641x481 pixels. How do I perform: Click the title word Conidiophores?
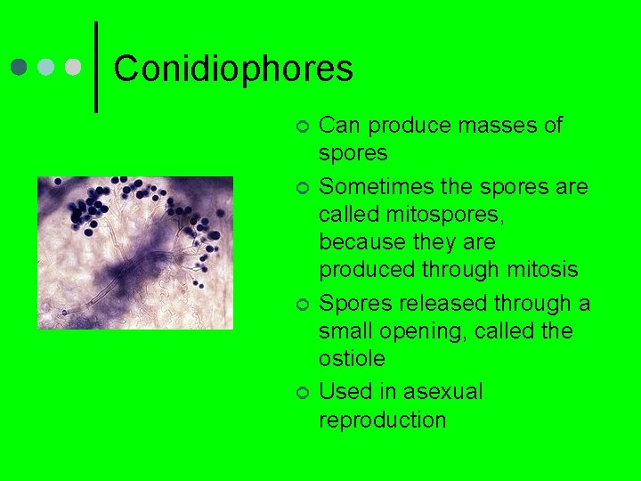(x=233, y=69)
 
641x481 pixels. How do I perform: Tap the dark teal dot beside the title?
(x=20, y=68)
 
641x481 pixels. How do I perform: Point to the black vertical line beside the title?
(x=96, y=67)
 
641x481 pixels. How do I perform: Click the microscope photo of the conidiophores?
(x=134, y=253)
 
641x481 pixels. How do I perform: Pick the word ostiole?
(x=352, y=359)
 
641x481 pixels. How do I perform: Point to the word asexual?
(x=442, y=392)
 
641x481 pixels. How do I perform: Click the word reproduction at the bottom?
(x=383, y=420)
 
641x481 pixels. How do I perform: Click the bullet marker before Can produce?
(x=302, y=126)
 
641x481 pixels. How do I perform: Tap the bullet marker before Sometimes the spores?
(x=302, y=188)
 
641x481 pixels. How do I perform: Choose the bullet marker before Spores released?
(x=302, y=305)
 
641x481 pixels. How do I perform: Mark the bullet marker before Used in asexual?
(x=302, y=393)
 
